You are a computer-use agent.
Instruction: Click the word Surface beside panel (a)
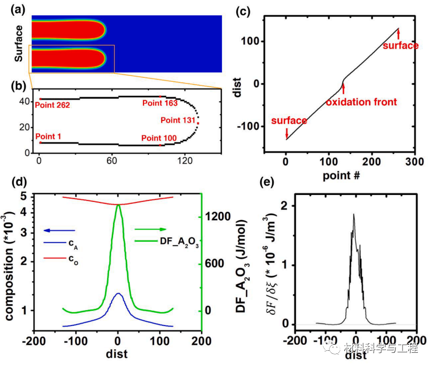pos(19,44)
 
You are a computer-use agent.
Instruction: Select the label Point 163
pos(160,103)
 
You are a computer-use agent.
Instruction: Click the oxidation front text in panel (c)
pos(361,102)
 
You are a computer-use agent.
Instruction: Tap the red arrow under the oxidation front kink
pos(343,89)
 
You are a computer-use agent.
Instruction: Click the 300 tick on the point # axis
pos(414,160)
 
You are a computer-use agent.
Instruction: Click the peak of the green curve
pos(118,205)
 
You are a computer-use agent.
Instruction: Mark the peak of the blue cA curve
pos(118,293)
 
